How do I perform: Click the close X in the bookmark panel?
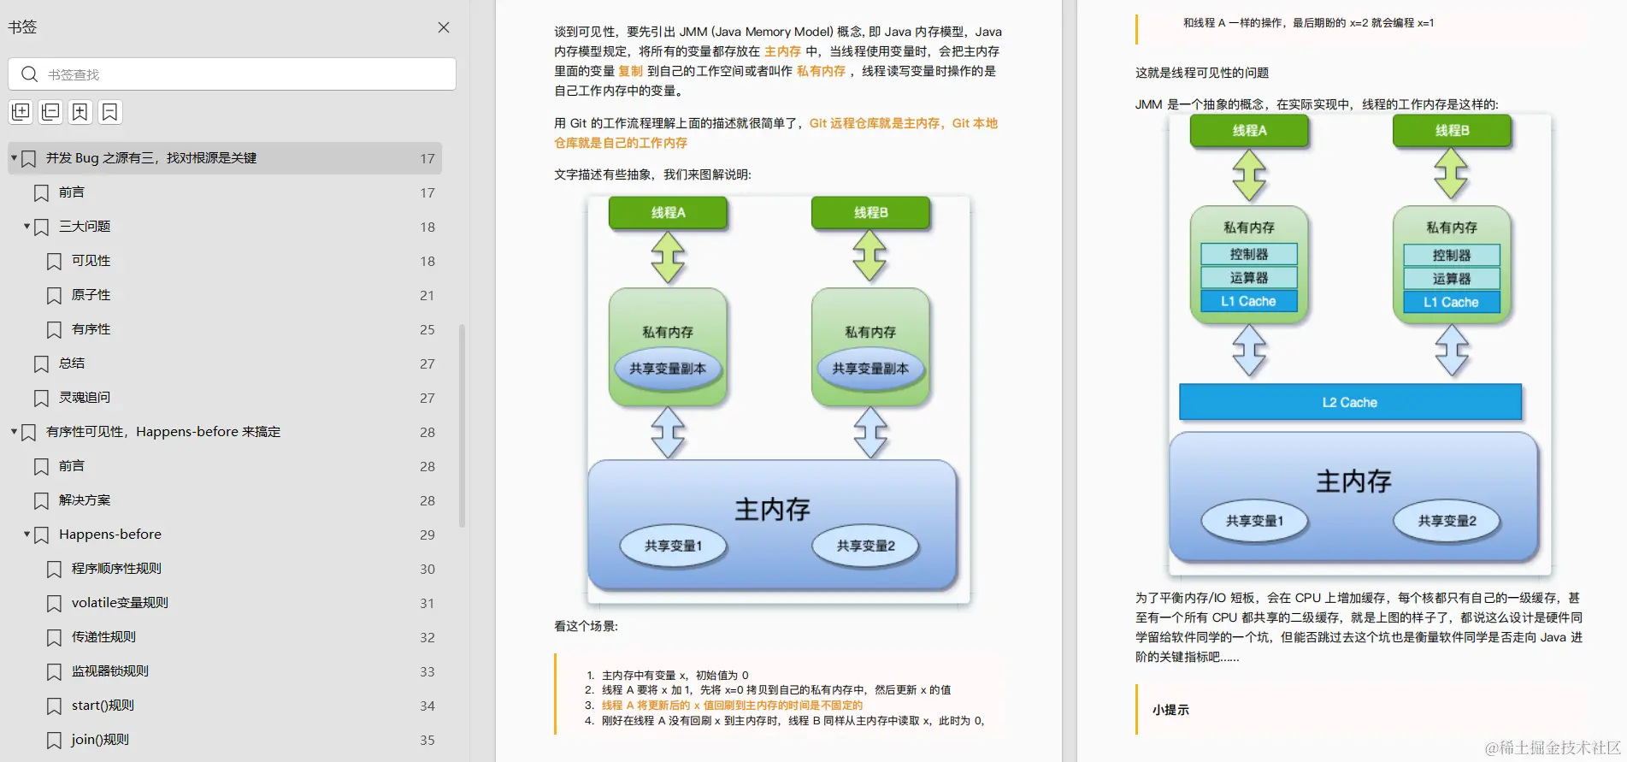pyautogui.click(x=444, y=27)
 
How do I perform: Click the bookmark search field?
pyautogui.click(x=239, y=74)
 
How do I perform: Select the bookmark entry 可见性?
pyautogui.click(x=91, y=261)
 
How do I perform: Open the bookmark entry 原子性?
pyautogui.click(x=91, y=295)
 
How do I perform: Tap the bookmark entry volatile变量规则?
pyautogui.click(x=120, y=603)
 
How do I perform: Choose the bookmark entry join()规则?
pyautogui.click(x=100, y=740)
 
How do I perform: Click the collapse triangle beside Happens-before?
pyautogui.click(x=27, y=535)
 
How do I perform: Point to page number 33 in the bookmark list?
pyautogui.click(x=427, y=671)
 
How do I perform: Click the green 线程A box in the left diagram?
pyautogui.click(x=668, y=212)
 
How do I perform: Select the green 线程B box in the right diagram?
pyautogui.click(x=1452, y=130)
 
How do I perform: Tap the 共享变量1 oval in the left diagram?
pyautogui.click(x=673, y=546)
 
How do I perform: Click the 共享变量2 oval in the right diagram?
pyautogui.click(x=1447, y=521)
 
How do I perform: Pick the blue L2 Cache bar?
pyautogui.click(x=1350, y=402)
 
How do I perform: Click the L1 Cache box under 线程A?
pyautogui.click(x=1248, y=301)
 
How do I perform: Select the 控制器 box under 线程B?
pyautogui.click(x=1451, y=255)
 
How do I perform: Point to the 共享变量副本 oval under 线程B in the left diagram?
pyautogui.click(x=870, y=369)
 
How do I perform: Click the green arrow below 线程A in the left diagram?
pyautogui.click(x=668, y=257)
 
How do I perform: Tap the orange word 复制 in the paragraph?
pyautogui.click(x=630, y=71)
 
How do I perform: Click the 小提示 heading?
pyautogui.click(x=1170, y=710)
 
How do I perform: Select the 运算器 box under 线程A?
pyautogui.click(x=1248, y=278)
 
